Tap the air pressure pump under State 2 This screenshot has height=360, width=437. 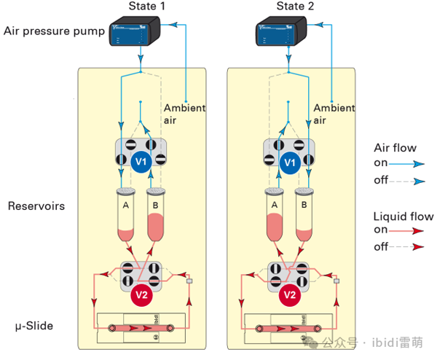click(x=286, y=34)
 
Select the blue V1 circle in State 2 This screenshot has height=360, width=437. click(x=290, y=162)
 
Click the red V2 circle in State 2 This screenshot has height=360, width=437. click(x=289, y=295)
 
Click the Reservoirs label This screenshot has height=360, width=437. click(x=36, y=206)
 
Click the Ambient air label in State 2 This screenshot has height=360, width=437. click(x=334, y=114)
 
